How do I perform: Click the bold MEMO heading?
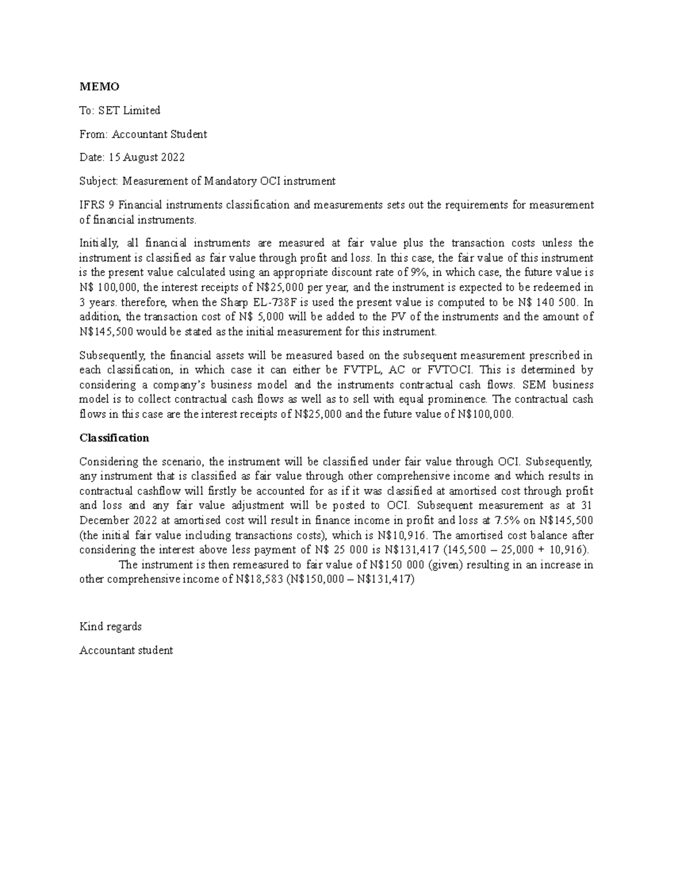[x=99, y=86]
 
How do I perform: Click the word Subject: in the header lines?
[x=99, y=181]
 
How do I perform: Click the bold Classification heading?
[x=114, y=438]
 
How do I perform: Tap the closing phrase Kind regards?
[x=111, y=627]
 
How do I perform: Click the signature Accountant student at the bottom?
[x=126, y=651]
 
